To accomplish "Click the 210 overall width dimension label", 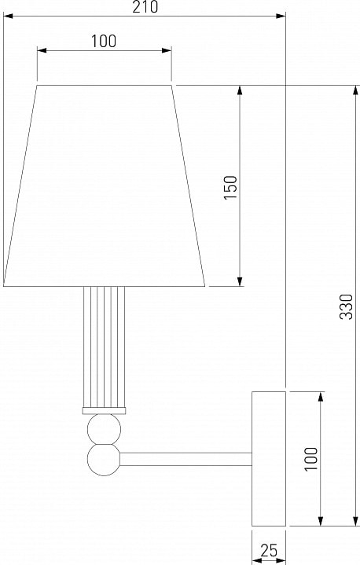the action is click(x=145, y=7).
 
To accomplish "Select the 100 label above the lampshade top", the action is click(x=104, y=41).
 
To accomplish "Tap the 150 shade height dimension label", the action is click(x=230, y=187).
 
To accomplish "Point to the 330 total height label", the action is click(x=347, y=306).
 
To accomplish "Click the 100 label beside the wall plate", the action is click(x=311, y=459).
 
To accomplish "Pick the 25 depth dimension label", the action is click(x=269, y=550).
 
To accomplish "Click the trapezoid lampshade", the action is click(x=104, y=186).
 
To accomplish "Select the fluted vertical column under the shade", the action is click(x=104, y=347).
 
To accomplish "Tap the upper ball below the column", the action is click(x=104, y=429).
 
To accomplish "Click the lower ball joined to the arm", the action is click(x=104, y=460).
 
